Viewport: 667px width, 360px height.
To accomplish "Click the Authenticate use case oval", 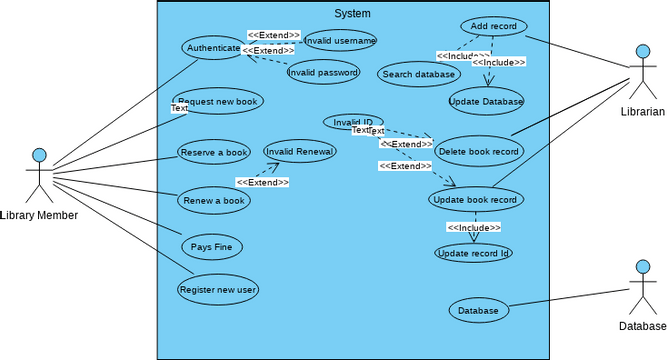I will click(213, 47).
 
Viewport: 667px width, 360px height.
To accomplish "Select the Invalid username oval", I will click(340, 40).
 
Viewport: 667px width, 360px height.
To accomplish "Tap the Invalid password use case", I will click(323, 72).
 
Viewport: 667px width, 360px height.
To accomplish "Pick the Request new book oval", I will click(218, 101).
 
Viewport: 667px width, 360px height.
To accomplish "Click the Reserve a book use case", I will click(214, 152).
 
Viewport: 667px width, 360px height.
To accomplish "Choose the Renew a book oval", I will click(214, 200).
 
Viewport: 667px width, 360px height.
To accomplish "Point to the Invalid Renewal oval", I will click(300, 151).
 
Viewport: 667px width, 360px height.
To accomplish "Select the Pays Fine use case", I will click(212, 245).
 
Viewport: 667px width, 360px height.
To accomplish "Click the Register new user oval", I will click(218, 290).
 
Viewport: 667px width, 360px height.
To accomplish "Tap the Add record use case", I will click(494, 26).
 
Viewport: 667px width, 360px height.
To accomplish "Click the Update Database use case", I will click(486, 100).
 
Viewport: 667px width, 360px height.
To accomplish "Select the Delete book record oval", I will click(479, 151).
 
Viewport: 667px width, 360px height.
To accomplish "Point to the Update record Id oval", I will click(474, 253).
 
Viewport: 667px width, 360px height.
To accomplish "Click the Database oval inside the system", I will click(478, 311).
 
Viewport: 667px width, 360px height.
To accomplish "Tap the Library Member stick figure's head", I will click(39, 155).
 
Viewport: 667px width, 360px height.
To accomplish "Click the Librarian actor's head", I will click(641, 51).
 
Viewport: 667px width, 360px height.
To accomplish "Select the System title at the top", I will click(352, 13).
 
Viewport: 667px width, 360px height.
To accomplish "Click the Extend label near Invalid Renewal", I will click(262, 182).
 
